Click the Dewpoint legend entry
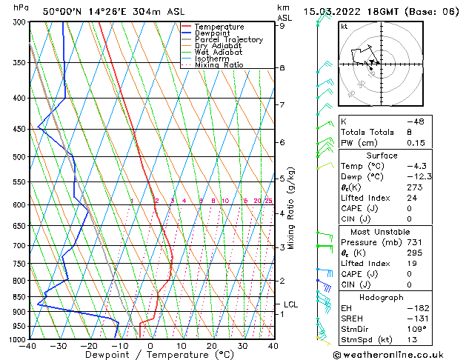pyautogui.click(x=213, y=33)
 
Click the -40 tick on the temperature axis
pyautogui.click(x=28, y=346)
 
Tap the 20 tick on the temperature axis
pyautogui.click(x=212, y=346)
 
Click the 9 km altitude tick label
pyautogui.click(x=282, y=25)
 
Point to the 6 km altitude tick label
pyautogui.click(x=282, y=142)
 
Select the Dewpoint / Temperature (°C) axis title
pyautogui.click(x=150, y=356)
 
